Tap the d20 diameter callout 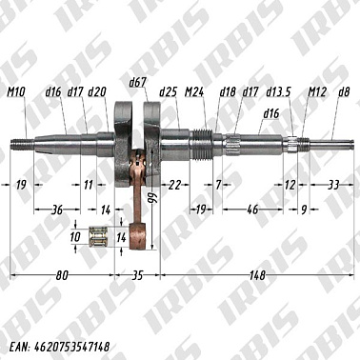[97, 92]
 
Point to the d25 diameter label [169, 92]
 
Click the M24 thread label [195, 92]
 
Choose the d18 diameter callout [228, 92]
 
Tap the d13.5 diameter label [278, 92]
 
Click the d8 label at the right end [344, 92]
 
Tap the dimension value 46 [252, 208]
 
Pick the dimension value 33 [333, 183]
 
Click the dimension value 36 [56, 208]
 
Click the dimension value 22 [174, 183]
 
